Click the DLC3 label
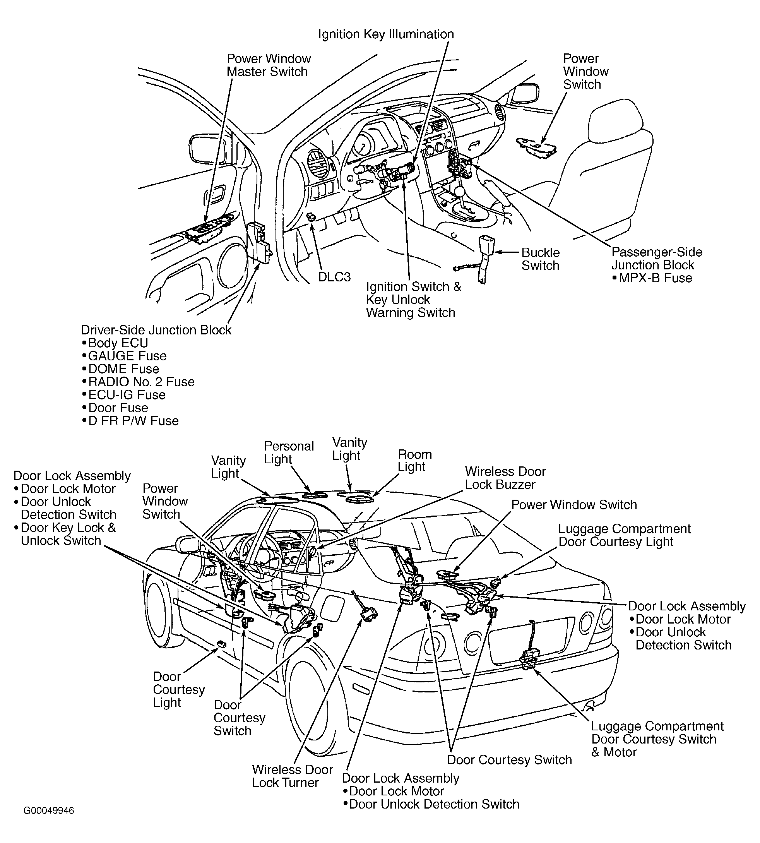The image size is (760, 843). click(334, 277)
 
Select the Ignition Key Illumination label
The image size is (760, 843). click(386, 34)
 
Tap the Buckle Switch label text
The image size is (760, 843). click(540, 259)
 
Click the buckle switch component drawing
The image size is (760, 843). click(485, 257)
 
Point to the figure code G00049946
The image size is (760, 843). click(49, 810)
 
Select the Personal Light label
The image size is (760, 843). click(289, 452)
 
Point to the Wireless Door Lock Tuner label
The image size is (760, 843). click(292, 776)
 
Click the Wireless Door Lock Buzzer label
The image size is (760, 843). click(505, 478)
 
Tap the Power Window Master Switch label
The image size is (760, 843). click(269, 65)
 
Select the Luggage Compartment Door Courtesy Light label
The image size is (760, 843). click(624, 535)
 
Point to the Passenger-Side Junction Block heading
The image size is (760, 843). click(656, 259)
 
